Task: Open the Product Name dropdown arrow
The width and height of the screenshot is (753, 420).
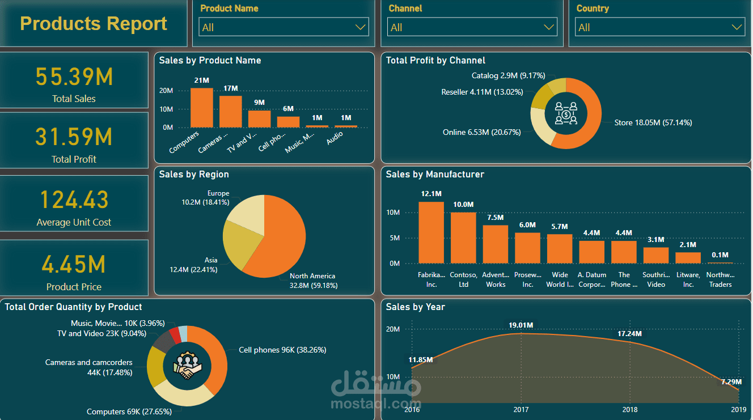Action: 361,27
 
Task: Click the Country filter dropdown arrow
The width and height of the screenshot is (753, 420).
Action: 737,27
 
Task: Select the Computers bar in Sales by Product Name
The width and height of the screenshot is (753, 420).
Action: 201,108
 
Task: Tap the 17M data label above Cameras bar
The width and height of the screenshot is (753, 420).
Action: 230,88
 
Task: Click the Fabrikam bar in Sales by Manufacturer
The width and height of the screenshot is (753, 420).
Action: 431,232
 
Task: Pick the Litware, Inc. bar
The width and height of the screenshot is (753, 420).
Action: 688,258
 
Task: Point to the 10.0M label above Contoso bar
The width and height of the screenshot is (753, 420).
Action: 463,205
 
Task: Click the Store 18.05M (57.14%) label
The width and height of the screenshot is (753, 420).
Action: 653,122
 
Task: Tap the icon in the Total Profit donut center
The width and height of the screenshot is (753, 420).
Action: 566,113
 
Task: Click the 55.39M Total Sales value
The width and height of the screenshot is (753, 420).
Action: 74,77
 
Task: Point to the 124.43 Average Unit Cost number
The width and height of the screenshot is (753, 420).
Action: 74,200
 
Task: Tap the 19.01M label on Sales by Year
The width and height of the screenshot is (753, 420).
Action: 521,325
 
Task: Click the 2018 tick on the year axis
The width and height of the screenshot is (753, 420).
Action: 629,409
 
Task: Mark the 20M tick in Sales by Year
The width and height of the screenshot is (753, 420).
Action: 393,329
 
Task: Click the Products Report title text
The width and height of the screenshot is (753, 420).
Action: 94,24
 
